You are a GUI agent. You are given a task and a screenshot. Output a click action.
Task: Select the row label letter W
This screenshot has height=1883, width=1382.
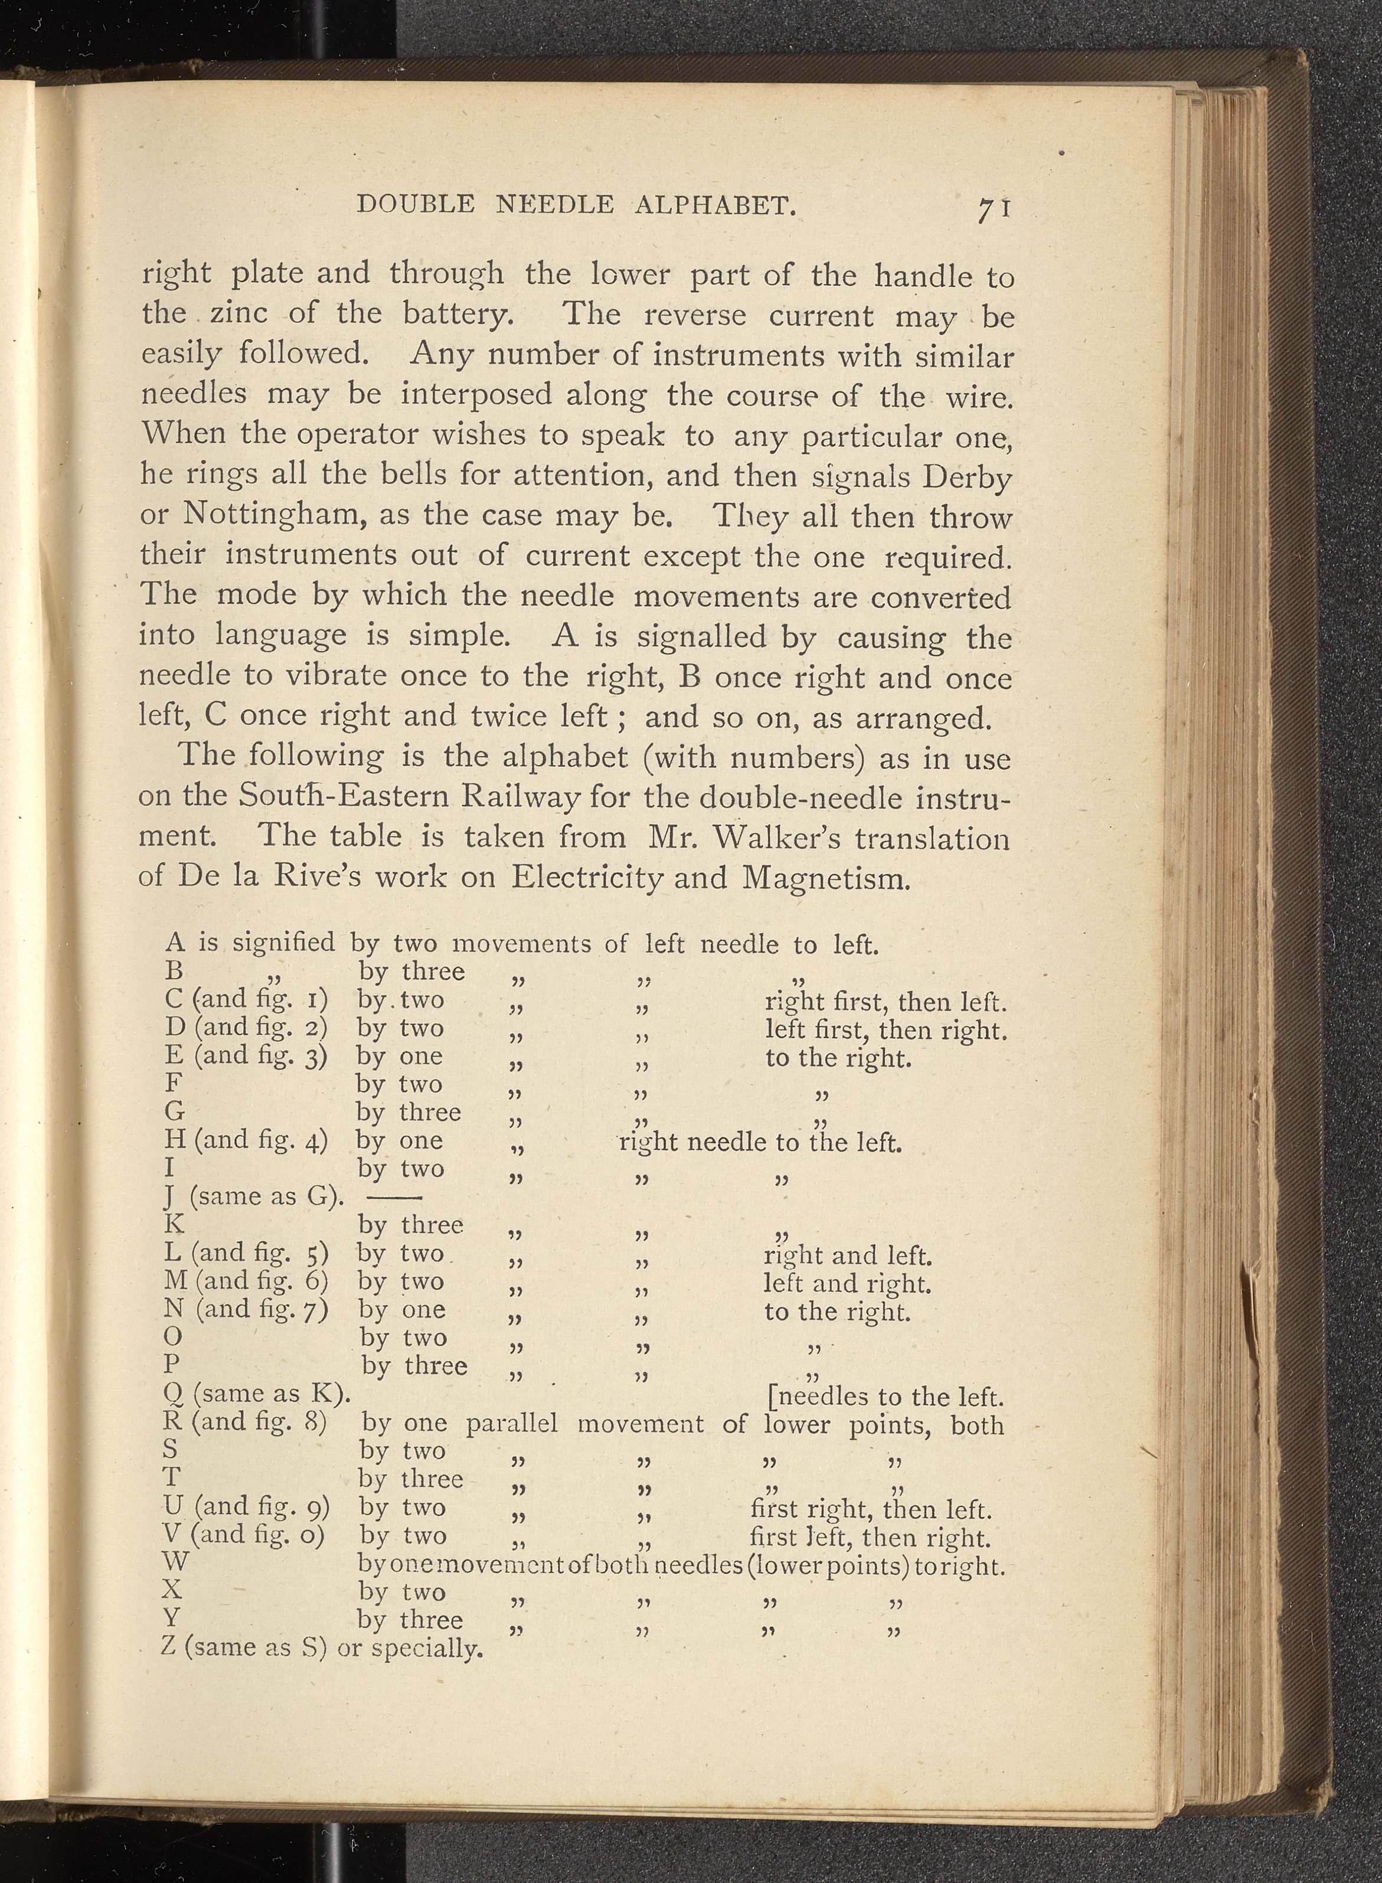tap(177, 1562)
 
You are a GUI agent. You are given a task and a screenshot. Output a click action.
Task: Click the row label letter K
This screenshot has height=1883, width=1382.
tap(174, 1224)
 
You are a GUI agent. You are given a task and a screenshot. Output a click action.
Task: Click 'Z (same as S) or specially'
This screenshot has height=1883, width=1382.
tap(322, 1647)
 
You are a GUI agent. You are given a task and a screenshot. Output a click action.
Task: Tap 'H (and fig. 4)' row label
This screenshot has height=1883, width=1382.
tap(247, 1139)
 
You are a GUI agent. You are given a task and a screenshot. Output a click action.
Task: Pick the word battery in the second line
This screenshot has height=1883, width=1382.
tap(454, 313)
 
